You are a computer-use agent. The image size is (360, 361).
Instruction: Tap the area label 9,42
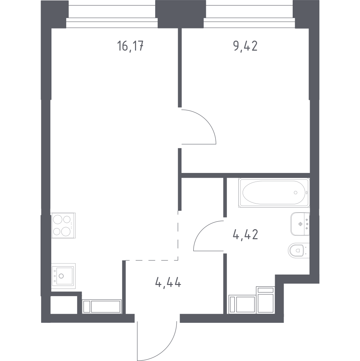(x=245, y=46)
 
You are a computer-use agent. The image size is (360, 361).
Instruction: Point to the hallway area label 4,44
(x=168, y=281)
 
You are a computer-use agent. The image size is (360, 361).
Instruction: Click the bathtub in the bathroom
(x=274, y=192)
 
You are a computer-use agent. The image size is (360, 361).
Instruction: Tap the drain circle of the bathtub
(x=296, y=192)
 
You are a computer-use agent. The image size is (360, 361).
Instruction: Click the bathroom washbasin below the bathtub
(x=300, y=224)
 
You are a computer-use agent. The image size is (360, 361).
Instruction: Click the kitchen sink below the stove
(x=63, y=276)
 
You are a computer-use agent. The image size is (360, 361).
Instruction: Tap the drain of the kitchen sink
(x=61, y=276)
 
